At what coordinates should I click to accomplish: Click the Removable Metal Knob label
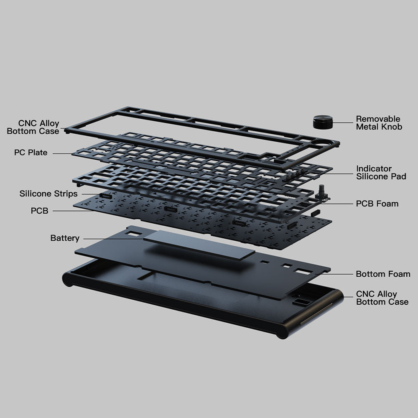coord(379,123)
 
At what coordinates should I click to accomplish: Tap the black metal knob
coord(323,122)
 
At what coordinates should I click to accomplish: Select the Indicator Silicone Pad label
coord(381,173)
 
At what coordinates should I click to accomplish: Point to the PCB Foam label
coord(377,204)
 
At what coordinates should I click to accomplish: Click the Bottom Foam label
coord(383,274)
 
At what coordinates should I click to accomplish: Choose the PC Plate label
coord(31,153)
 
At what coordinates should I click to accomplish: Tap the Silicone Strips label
coord(48,194)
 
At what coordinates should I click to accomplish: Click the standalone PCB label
coord(39,211)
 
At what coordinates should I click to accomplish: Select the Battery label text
coord(65,238)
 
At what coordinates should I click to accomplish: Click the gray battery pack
coord(199,245)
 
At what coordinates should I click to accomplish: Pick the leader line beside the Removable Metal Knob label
coord(343,122)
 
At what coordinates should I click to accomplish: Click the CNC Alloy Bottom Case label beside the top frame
coord(33,127)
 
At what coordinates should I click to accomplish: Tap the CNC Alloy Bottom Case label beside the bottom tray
coord(382,298)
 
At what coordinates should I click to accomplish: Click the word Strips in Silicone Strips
coord(66,194)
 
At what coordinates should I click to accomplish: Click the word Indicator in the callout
coord(374,168)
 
